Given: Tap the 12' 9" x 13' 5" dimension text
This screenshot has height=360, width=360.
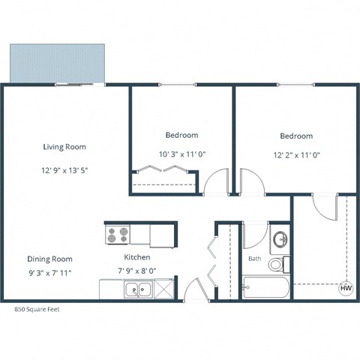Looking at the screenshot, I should tap(65, 170).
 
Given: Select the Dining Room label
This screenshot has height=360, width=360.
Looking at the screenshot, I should tap(50, 258).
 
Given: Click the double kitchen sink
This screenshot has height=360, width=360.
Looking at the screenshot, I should tap(138, 289).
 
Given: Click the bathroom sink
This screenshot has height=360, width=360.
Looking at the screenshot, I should tap(279, 240).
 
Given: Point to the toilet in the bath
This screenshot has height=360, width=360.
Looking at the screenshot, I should tap(277, 264).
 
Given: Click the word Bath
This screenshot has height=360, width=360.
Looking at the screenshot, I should tap(255, 259).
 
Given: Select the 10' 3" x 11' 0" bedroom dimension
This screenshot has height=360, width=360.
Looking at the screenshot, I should tap(181, 154).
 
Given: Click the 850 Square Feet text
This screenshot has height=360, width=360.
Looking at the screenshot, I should tap(38, 308).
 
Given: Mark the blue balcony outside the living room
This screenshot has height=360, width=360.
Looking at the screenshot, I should tap(57, 63).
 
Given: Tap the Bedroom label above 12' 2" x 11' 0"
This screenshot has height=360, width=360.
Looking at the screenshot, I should tap(296, 136).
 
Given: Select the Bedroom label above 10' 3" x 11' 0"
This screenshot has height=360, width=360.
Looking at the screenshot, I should tap(181, 135).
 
